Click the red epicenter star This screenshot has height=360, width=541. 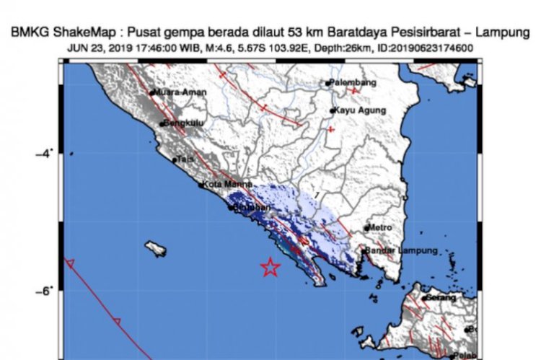coord(270,268)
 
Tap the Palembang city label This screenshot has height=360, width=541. coord(353,83)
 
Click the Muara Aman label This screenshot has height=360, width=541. coord(181,92)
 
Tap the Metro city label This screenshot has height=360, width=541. coord(381,227)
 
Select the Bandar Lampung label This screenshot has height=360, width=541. coord(402,250)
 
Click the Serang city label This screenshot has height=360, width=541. coord(441,297)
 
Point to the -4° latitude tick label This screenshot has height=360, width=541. coord(45,153)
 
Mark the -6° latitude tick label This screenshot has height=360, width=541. coord(45,290)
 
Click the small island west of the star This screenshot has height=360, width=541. coord(154,250)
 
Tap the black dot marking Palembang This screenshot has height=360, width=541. coord(327,83)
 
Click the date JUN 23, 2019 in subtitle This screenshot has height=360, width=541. coord(100,48)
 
